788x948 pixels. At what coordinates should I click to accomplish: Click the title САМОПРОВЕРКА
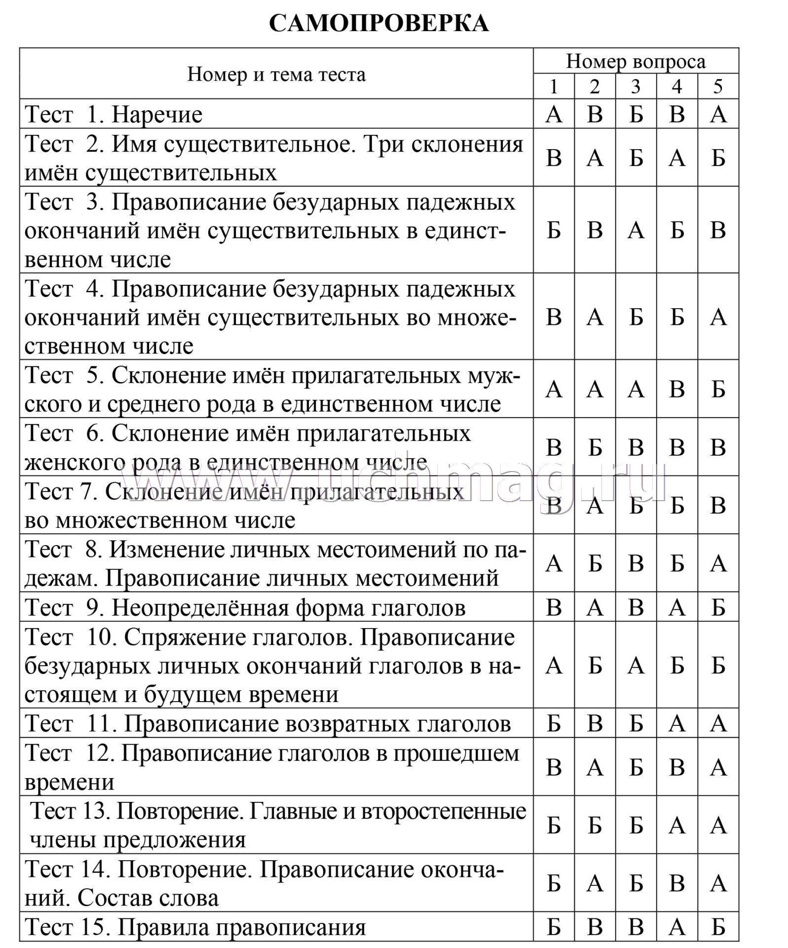tap(378, 23)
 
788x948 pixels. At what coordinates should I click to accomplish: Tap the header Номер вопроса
tap(636, 61)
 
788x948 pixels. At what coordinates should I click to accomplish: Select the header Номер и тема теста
tap(276, 75)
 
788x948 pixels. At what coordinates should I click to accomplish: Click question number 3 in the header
tap(636, 87)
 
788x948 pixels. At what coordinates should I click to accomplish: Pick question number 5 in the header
tap(718, 87)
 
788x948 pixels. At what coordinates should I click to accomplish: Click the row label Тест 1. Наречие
tap(113, 115)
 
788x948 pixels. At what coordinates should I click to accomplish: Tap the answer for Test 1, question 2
tap(595, 115)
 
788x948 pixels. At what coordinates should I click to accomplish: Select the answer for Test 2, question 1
tap(554, 158)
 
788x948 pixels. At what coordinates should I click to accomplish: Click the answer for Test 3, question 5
tap(718, 230)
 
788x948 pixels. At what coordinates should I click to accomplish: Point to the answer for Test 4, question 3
tap(636, 316)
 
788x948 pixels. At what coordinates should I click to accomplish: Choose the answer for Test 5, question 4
tap(677, 390)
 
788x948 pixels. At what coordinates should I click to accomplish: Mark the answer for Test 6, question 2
tap(595, 447)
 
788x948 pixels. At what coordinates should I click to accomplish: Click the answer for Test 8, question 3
tap(636, 563)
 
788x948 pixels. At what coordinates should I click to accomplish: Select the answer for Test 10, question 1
tap(554, 666)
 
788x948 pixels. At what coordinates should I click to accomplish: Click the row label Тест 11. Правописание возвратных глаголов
tap(268, 724)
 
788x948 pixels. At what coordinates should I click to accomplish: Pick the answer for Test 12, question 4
tap(677, 767)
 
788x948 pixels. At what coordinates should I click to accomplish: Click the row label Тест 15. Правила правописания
tap(195, 928)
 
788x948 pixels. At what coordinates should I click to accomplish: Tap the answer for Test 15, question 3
tap(636, 928)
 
